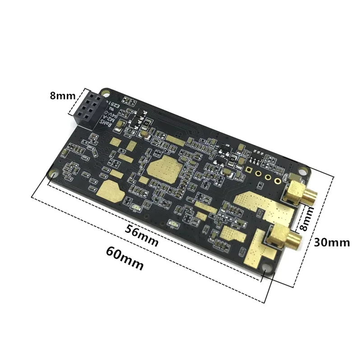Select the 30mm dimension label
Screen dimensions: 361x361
pos(332,242)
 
